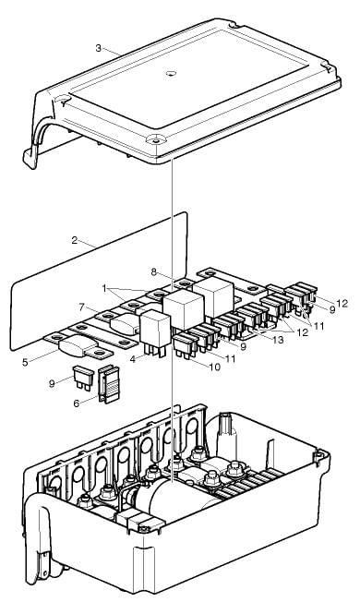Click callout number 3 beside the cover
click(x=99, y=48)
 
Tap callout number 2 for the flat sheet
click(x=75, y=240)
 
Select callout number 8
click(x=154, y=272)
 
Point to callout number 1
click(x=104, y=288)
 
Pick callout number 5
click(x=25, y=362)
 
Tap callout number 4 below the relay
click(x=133, y=360)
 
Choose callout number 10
click(x=215, y=367)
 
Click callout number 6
click(x=77, y=403)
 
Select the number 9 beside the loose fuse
click(x=52, y=383)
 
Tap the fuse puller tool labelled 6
click(x=109, y=384)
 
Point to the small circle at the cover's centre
click(x=171, y=73)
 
